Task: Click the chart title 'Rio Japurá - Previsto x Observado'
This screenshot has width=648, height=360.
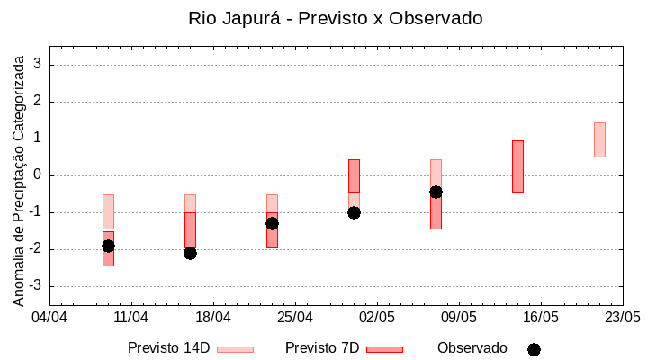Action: click(335, 18)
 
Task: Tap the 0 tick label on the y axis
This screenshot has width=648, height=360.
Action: click(39, 175)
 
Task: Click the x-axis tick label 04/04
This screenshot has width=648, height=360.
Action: click(49, 318)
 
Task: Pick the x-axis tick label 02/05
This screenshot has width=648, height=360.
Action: click(377, 318)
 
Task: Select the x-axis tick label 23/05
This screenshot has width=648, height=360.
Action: click(622, 318)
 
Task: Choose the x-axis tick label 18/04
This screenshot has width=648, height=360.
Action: click(213, 318)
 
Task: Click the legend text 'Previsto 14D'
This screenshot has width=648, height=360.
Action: click(168, 348)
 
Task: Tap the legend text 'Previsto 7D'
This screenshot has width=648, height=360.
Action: click(322, 348)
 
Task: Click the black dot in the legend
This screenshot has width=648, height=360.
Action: click(534, 349)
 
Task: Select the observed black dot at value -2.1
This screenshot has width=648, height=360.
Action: click(190, 253)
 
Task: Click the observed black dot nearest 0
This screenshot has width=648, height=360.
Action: click(436, 192)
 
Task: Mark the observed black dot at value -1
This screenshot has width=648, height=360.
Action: click(354, 212)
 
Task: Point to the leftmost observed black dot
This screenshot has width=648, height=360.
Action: click(108, 246)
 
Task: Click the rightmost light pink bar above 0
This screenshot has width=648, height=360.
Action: click(599, 139)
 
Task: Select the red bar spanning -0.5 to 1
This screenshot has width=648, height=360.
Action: click(517, 166)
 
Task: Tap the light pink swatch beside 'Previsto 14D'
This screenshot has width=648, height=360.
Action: click(235, 349)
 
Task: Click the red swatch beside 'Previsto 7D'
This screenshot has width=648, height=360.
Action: click(384, 349)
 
